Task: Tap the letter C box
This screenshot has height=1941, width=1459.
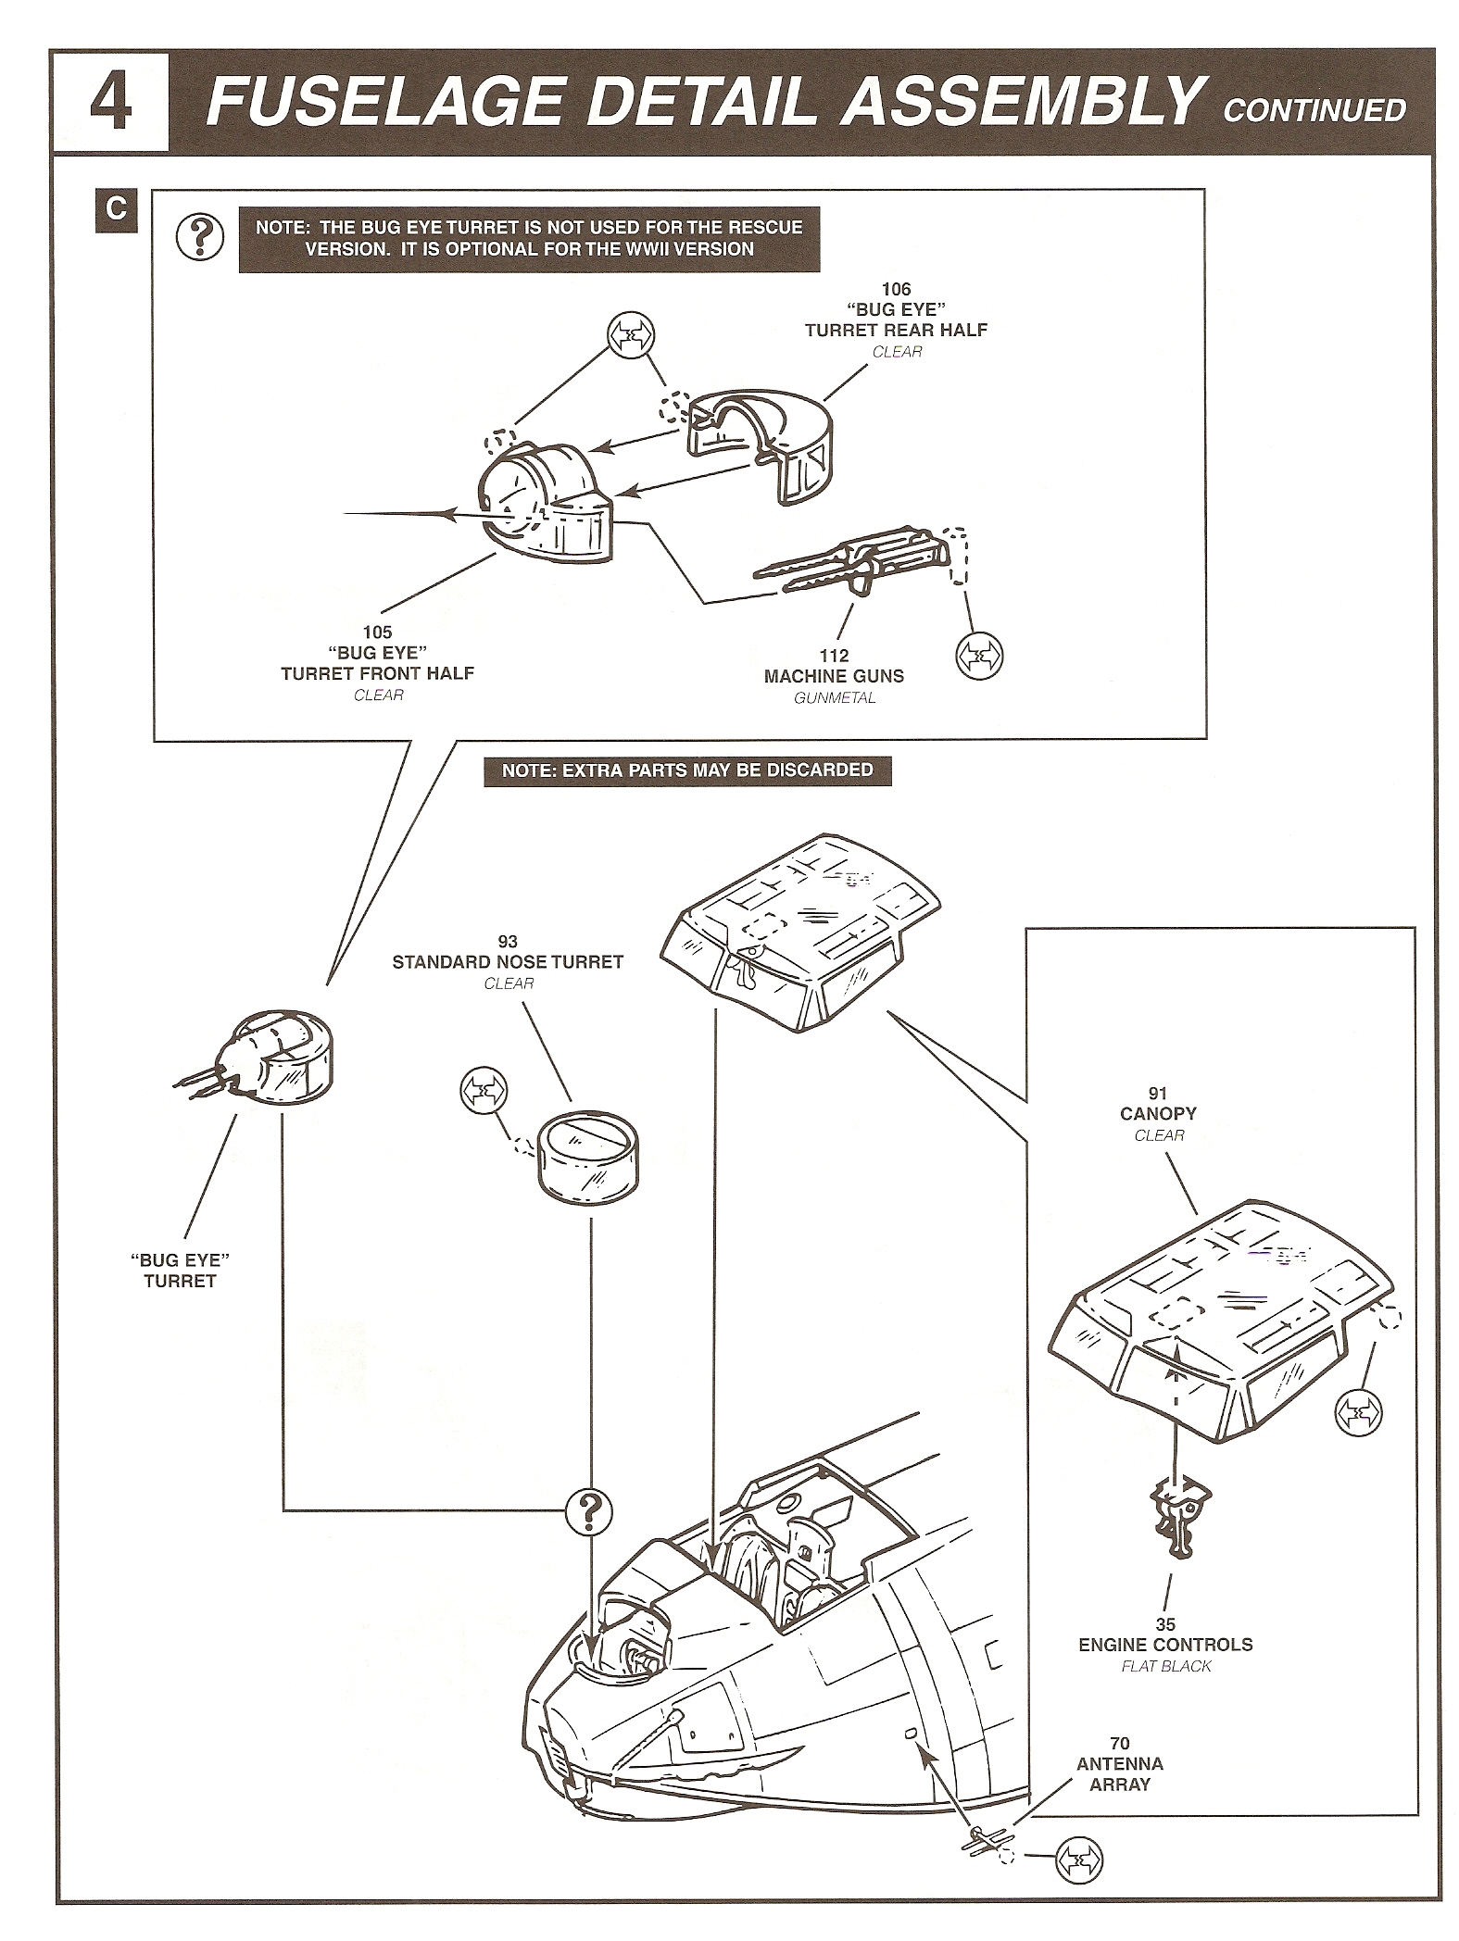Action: (116, 209)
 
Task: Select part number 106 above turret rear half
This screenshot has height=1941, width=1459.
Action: (896, 290)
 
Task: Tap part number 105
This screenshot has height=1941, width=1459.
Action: (377, 632)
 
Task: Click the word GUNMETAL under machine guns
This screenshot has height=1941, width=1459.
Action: (834, 698)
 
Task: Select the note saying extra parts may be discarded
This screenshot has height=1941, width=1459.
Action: (687, 770)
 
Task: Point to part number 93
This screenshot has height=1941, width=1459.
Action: (508, 942)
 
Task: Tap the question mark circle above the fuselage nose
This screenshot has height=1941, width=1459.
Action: (589, 1513)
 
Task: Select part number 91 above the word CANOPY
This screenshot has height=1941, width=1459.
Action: (1158, 1094)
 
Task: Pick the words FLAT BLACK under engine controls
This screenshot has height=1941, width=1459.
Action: (1165, 1666)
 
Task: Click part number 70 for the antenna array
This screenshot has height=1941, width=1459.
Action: (1120, 1744)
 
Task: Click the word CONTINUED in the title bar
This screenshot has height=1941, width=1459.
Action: (1314, 110)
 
